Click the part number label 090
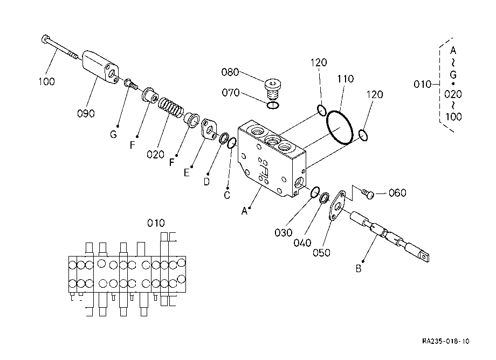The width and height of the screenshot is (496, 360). point(86,113)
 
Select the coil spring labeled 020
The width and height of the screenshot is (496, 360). point(170,107)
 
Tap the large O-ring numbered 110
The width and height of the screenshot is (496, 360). point(340,127)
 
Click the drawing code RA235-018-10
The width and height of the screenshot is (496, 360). point(446,341)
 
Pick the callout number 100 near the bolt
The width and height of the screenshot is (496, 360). point(46,81)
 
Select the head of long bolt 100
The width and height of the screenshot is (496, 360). point(45,39)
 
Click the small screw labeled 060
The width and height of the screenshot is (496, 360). point(368,193)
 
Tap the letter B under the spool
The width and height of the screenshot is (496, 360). point(359,269)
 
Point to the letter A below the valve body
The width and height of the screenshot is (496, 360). point(244,211)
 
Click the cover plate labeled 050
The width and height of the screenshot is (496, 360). point(337,205)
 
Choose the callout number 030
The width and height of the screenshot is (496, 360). point(284,233)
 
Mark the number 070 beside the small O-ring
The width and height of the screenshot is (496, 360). point(231,93)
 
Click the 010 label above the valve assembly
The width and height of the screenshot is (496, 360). point(156,223)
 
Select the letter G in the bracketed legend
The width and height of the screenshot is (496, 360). point(453,75)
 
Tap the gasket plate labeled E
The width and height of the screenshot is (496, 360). point(209,129)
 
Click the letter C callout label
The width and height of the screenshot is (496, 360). point(227,195)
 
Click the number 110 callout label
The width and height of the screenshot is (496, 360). point(345,79)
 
